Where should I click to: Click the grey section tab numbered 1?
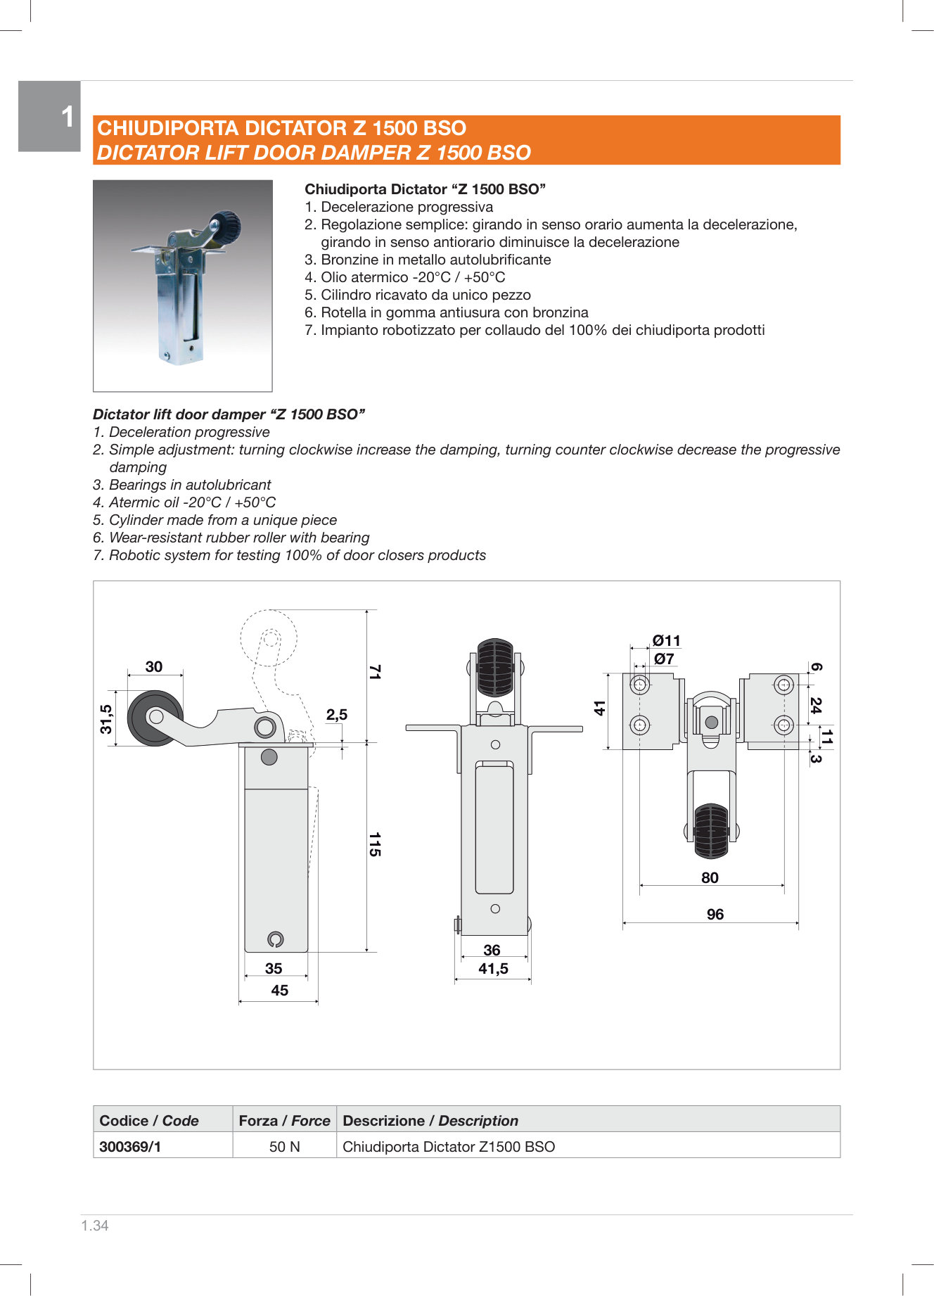[x=49, y=116]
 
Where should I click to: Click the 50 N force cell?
[x=284, y=1146]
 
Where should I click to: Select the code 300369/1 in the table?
[x=130, y=1146]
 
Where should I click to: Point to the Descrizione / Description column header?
[x=430, y=1120]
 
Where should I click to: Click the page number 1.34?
[x=95, y=1226]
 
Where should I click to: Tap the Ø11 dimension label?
[x=666, y=640]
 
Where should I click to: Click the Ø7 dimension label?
[x=664, y=659]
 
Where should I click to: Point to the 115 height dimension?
[x=375, y=844]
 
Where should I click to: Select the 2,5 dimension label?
[x=336, y=715]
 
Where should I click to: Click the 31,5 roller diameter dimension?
[x=106, y=718]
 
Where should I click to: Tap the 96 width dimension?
[x=715, y=914]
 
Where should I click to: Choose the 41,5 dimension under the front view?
[x=493, y=969]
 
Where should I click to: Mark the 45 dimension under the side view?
[x=279, y=990]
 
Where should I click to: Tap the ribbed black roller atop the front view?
[x=495, y=667]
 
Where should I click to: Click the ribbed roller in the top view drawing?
[x=711, y=831]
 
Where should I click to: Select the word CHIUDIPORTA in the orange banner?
[x=168, y=128]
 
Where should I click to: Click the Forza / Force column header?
[x=284, y=1120]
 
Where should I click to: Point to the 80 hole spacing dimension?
[x=710, y=877]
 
